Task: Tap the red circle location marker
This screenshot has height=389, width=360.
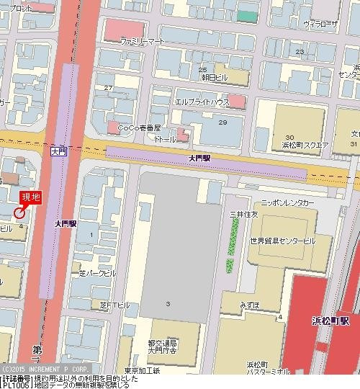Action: point(19,212)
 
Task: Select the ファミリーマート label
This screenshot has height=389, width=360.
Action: point(143,42)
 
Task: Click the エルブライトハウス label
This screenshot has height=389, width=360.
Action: point(202,102)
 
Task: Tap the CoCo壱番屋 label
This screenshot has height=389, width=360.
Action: point(143,128)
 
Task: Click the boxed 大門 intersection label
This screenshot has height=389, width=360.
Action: point(58,152)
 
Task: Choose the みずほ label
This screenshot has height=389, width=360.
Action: point(250,305)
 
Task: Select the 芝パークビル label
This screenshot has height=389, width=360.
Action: point(97,274)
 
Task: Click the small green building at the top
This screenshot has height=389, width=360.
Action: point(247,16)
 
